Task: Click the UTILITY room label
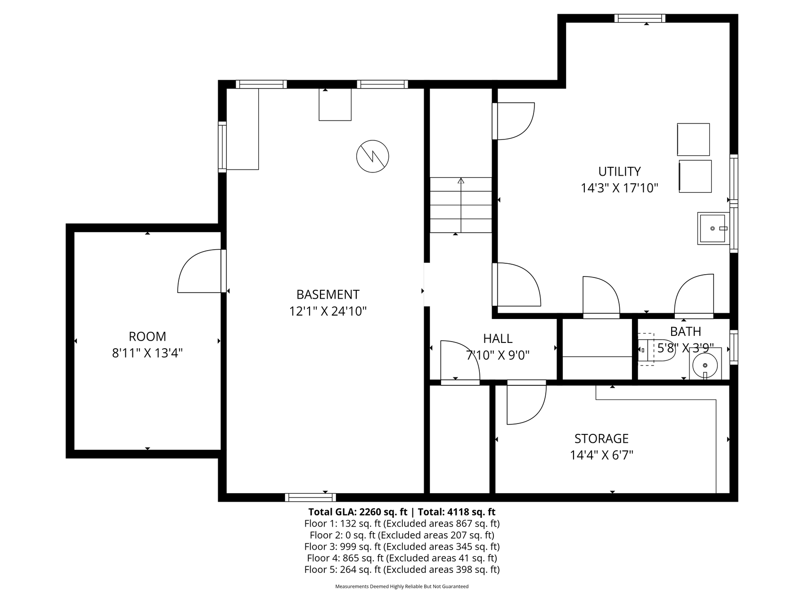619,171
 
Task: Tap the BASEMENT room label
328,295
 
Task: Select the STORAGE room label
601,439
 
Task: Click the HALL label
498,339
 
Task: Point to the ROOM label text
148,337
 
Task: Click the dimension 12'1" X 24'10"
328,311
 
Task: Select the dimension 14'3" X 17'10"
619,188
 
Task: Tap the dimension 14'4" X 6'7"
601,456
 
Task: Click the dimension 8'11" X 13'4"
148,353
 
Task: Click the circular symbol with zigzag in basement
373,156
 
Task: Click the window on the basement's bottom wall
311,497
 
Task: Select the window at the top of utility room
640,18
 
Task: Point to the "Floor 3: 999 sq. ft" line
343,547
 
